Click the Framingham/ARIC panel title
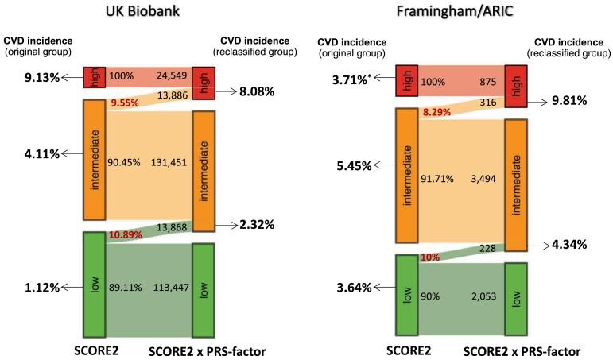coord(460,13)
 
